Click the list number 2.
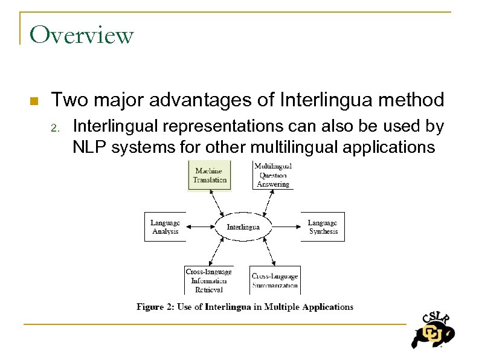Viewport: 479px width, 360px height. pos(54,128)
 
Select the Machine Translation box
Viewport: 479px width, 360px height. pos(210,175)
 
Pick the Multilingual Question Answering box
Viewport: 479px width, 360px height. pos(273,175)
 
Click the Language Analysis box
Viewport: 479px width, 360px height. pos(165,227)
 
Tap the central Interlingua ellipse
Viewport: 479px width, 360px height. pos(243,227)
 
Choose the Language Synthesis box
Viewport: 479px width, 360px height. pos(323,227)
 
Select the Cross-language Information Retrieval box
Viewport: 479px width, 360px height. pos(208,280)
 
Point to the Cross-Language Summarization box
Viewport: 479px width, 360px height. pos(274,280)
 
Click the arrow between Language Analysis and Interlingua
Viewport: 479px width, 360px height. pos(201,227)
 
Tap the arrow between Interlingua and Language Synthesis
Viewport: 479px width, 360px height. pos(286,227)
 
